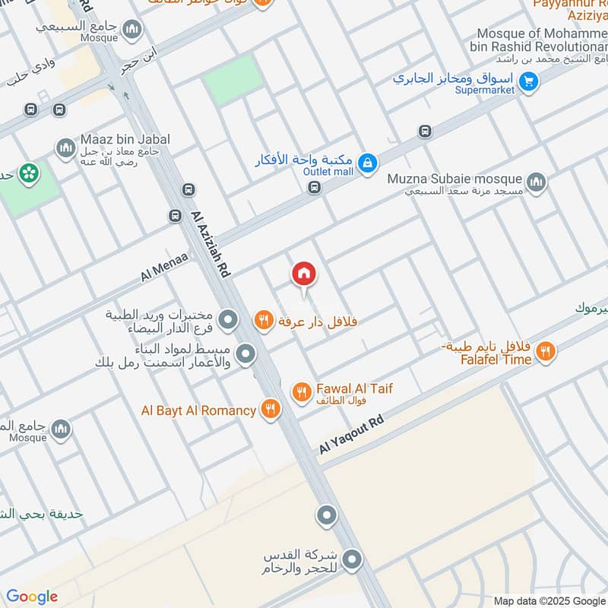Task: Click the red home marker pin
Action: click(303, 274)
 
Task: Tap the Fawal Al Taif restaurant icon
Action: click(302, 392)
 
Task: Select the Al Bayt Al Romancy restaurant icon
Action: click(270, 410)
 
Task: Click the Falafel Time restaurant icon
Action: click(545, 352)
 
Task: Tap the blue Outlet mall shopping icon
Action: click(367, 163)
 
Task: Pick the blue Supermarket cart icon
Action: click(530, 78)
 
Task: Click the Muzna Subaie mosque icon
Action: click(537, 182)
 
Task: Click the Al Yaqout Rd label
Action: click(351, 435)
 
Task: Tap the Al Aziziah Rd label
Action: click(211, 243)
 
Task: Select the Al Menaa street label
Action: click(164, 269)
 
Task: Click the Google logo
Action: click(32, 597)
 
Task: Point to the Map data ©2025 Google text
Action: click(549, 600)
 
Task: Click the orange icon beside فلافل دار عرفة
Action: click(263, 321)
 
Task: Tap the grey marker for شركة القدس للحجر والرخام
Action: click(351, 560)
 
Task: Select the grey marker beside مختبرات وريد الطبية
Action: click(226, 320)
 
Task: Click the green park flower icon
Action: click(30, 174)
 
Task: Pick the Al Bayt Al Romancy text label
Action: click(198, 410)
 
